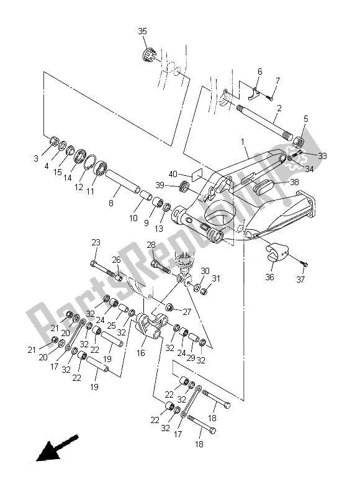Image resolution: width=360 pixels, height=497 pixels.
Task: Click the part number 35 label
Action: (143, 30)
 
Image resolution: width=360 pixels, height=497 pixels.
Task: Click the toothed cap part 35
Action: (148, 57)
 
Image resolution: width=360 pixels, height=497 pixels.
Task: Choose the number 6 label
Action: (259, 71)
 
